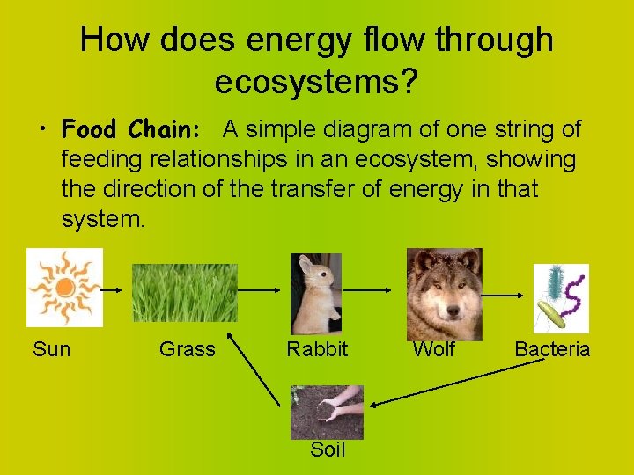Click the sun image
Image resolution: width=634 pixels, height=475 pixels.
pyautogui.click(x=64, y=287)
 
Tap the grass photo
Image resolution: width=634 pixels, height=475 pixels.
pyautogui.click(x=184, y=294)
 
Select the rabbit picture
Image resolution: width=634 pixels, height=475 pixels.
pyautogui.click(x=316, y=294)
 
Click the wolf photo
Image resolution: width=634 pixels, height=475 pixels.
pyautogui.click(x=444, y=294)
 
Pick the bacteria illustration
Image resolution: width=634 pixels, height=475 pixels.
pyautogui.click(x=561, y=298)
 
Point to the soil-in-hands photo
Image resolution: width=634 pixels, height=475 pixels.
pyautogui.click(x=328, y=412)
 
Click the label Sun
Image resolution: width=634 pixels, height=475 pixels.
pyautogui.click(x=51, y=349)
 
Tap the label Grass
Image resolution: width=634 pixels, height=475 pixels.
pyautogui.click(x=187, y=349)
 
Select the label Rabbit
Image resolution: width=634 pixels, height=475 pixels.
pyautogui.click(x=317, y=349)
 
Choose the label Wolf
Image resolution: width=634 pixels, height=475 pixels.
pyautogui.click(x=434, y=349)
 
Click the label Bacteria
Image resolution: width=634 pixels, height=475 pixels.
pyautogui.click(x=552, y=349)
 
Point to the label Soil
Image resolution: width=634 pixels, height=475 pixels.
pyautogui.click(x=328, y=450)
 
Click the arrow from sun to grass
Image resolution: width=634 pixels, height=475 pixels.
pyautogui.click(x=117, y=288)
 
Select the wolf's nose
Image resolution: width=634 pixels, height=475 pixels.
pyautogui.click(x=452, y=310)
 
